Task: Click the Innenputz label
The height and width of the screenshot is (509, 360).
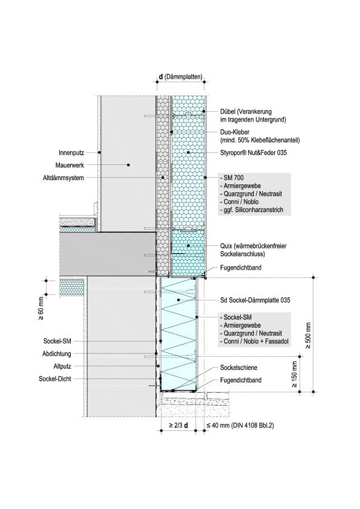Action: (71, 152)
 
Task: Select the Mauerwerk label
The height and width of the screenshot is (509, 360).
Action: (70, 165)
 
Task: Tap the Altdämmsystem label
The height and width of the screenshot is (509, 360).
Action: (64, 178)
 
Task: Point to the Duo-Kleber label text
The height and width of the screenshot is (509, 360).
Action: (235, 132)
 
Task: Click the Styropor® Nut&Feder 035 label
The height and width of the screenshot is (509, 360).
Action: (254, 152)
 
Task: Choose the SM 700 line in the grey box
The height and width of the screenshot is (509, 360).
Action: (232, 178)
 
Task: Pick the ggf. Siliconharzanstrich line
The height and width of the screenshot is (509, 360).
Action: (252, 210)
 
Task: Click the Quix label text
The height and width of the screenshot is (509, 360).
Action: (226, 246)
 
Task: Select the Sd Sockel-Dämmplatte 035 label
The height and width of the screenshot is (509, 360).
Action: (255, 300)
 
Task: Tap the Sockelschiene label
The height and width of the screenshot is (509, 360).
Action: (238, 368)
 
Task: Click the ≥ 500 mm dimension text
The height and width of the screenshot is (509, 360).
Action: (308, 336)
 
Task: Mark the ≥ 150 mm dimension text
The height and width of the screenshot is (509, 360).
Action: (294, 375)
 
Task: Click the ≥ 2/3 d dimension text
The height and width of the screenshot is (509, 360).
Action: (178, 425)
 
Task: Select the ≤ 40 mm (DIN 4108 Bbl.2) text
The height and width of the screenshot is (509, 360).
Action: (240, 425)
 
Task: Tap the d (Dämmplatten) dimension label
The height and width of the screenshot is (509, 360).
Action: (180, 77)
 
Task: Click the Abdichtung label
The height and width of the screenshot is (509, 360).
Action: (56, 354)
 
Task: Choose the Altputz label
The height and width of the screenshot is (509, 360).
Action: (62, 366)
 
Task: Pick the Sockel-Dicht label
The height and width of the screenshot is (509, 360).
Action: (55, 379)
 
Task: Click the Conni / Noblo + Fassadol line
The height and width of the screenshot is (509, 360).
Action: (254, 341)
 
